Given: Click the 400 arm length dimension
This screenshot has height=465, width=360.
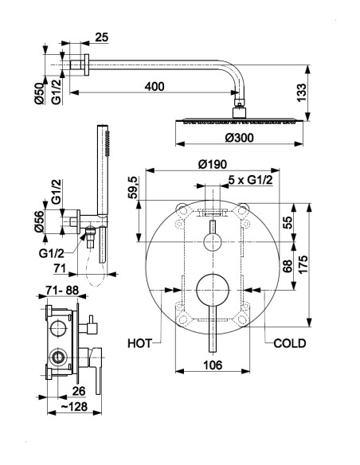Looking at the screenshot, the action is coord(155,87).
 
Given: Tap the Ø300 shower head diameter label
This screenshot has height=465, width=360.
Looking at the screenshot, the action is coord(239,138).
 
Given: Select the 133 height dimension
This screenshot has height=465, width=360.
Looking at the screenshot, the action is coord(301,93).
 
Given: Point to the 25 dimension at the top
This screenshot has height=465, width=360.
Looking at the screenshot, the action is coord(102,37).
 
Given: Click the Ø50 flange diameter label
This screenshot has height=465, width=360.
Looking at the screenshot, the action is coord(39,94).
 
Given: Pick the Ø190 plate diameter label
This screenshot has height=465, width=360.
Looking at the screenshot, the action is coord(213,164).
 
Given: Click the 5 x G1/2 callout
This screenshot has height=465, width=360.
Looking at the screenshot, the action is coord(251,180).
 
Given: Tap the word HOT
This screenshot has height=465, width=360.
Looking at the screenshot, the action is coord(139,343).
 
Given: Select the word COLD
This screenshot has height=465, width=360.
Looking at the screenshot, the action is coord(290,343).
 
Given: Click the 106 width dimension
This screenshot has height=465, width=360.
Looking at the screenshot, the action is coord(213,365).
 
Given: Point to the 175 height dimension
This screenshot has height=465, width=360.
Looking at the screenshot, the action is coord(303,264).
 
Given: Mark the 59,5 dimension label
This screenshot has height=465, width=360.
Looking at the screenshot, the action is coord(133,187).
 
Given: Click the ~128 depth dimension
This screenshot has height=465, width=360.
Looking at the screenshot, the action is coord(74,406).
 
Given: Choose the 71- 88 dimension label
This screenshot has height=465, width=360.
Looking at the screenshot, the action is coord(62,290).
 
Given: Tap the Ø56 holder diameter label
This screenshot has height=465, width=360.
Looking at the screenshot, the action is coord(39,221).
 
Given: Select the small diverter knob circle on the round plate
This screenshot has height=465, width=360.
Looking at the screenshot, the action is coord(213,242).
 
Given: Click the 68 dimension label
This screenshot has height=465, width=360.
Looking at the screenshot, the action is coord(287,266).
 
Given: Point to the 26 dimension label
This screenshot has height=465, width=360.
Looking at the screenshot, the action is coord(79,391).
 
